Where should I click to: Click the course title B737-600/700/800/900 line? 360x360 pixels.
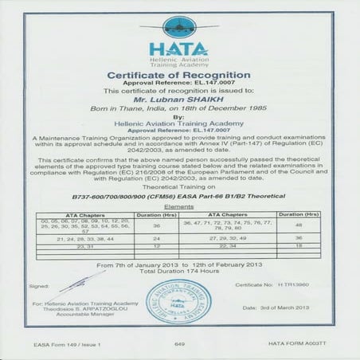179,195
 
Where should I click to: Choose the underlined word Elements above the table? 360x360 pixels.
179,206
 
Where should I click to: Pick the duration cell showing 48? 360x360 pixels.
299,225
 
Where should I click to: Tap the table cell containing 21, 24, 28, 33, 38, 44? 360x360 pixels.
84,238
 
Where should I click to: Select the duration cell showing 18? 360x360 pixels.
299,246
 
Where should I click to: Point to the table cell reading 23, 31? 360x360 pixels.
84,246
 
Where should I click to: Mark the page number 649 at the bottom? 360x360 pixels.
179,343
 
